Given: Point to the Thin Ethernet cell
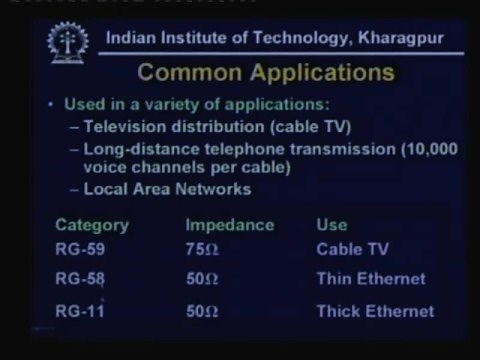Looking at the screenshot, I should (x=369, y=279).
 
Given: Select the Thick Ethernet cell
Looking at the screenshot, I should (x=374, y=311).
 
